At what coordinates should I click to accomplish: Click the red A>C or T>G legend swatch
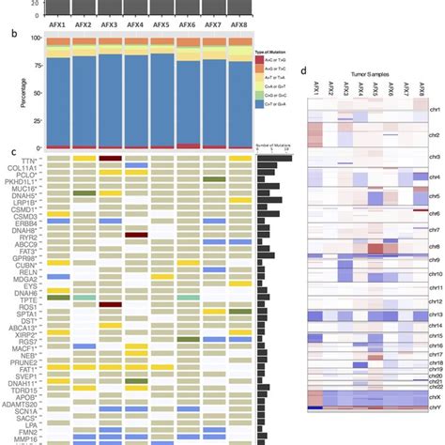point(259,58)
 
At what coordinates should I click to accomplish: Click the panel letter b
point(10,32)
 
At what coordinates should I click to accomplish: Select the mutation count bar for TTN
point(273,160)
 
